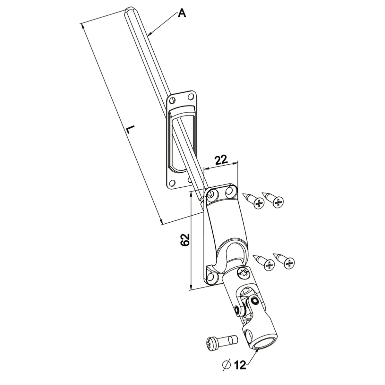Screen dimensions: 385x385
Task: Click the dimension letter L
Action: point(130,130)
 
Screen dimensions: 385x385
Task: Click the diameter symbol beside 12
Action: point(226,364)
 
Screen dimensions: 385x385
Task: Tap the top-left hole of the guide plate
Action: point(172,99)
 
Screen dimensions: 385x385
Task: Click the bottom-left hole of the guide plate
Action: point(172,183)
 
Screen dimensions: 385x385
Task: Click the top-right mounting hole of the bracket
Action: point(230,192)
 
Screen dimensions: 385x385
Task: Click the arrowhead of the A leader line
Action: point(150,33)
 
